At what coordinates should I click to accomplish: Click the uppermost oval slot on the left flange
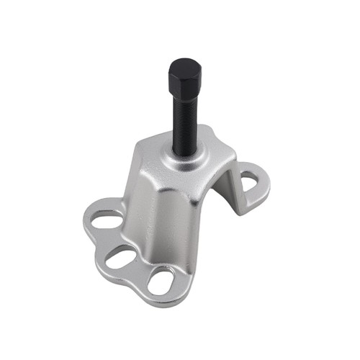(x=107, y=220)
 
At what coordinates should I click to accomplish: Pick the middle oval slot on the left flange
(x=123, y=256)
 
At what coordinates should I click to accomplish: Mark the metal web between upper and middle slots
(x=112, y=238)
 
